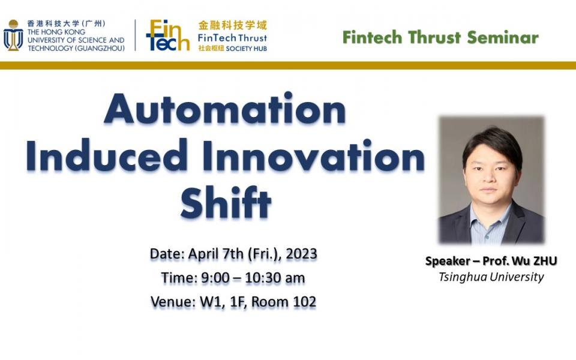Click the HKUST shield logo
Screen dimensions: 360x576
pos(13,36)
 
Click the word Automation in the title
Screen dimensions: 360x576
pos(225,110)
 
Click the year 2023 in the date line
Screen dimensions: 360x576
pos(301,254)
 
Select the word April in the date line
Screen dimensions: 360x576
pos(205,254)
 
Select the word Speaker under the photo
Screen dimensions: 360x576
pos(447,261)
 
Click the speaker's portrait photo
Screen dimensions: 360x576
pos(491,180)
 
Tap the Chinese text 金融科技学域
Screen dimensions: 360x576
pos(233,26)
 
